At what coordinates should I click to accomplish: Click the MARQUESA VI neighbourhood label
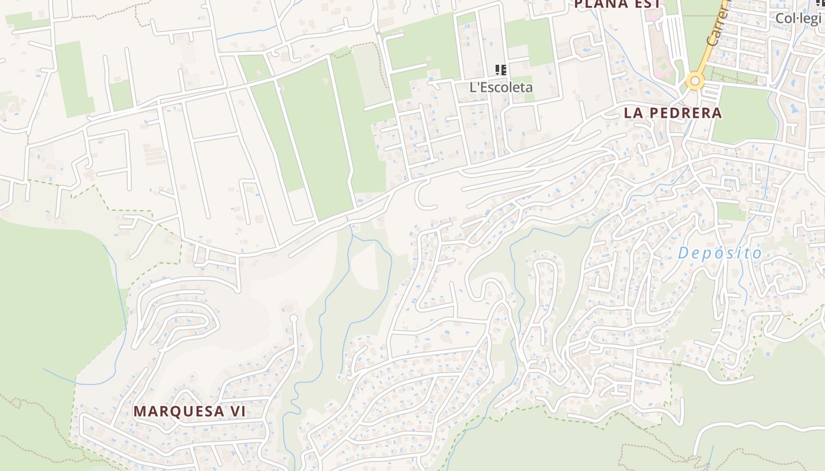coord(189,412)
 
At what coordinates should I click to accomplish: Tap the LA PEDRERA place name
coord(672,113)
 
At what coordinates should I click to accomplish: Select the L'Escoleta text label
coord(501,87)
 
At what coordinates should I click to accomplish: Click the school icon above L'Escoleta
coord(501,71)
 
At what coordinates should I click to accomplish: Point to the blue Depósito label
coord(720,253)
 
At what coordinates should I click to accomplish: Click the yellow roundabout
coord(695,81)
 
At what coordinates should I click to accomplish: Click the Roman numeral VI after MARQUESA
coord(236,412)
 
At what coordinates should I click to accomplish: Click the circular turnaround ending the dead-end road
coord(294,319)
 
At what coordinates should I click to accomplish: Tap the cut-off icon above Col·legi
coord(821,3)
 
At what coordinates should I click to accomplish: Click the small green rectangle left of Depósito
coord(731,211)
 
